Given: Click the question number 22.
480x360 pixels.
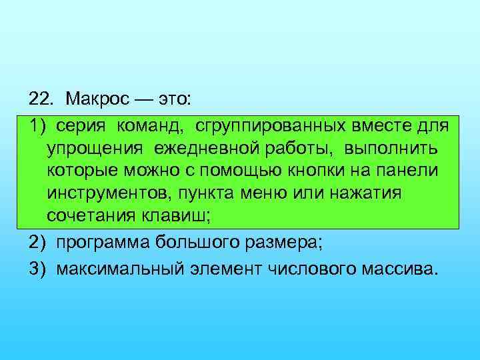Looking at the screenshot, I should coord(39,99).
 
